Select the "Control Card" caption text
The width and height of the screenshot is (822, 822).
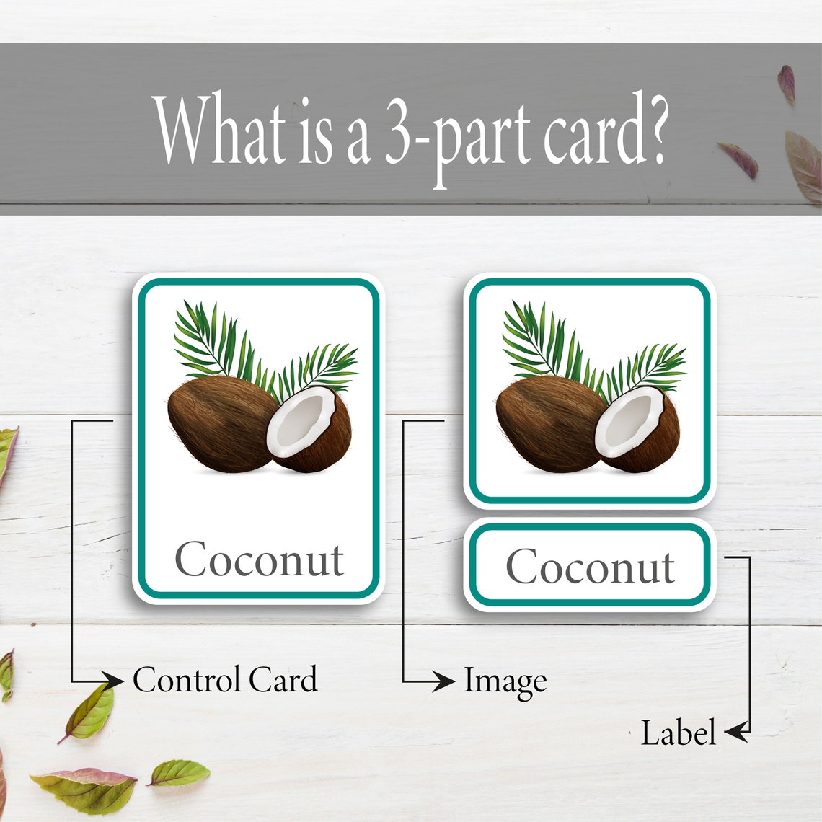[225, 680]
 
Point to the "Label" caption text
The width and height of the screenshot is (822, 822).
[678, 733]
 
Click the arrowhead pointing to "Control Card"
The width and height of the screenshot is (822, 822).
[112, 680]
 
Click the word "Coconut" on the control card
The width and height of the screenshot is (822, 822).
[259, 560]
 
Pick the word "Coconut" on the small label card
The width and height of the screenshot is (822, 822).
[590, 567]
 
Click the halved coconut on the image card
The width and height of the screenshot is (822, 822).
[637, 430]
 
